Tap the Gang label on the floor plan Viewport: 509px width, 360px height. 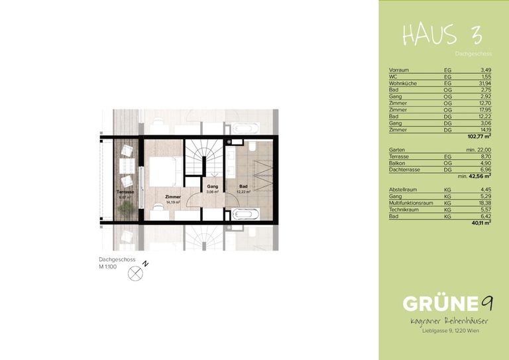point(212,187)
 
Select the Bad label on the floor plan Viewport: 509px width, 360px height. point(243,187)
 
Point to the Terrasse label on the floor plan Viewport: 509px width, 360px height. point(125,192)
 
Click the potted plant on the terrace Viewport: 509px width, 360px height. point(123,208)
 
